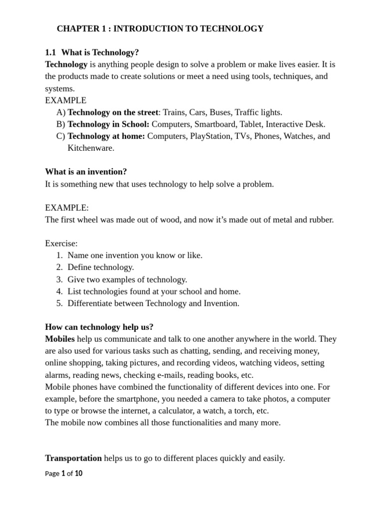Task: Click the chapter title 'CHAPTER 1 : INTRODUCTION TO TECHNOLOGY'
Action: click(160, 29)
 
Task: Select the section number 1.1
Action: click(51, 52)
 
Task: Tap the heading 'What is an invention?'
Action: click(86, 172)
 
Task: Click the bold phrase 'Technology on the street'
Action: click(113, 112)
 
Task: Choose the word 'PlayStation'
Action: click(209, 136)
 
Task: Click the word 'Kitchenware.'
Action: click(91, 148)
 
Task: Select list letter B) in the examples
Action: click(61, 124)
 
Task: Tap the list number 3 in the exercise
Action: click(59, 279)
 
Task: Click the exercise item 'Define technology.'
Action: click(101, 267)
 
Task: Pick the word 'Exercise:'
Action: click(61, 244)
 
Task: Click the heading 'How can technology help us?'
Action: click(99, 327)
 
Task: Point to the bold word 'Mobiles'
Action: click(60, 339)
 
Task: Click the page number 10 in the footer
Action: click(79, 474)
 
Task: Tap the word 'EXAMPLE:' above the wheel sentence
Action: click(67, 208)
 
